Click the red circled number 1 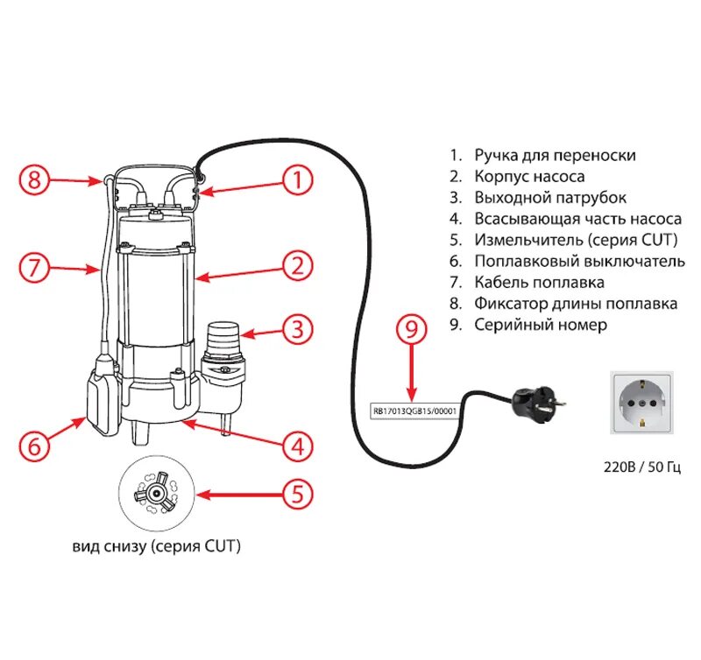pos(297,181)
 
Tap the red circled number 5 pos(297,495)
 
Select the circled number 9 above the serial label pos(411,330)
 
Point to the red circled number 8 pos(33,181)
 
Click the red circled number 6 pos(33,446)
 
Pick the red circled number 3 pos(297,330)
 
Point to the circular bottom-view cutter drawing pos(157,495)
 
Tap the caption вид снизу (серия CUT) pos(157,547)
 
